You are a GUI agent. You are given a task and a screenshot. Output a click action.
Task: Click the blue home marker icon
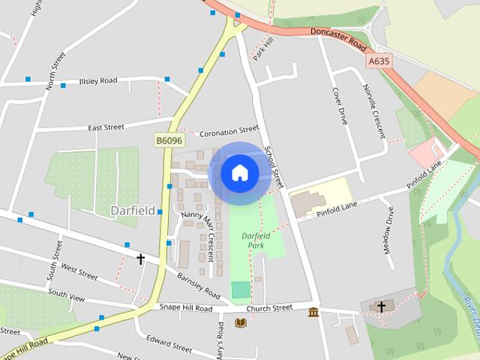(x=240, y=173)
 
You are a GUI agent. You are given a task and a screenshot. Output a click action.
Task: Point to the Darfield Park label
(x=255, y=240)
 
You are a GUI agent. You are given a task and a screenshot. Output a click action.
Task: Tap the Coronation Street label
(x=229, y=132)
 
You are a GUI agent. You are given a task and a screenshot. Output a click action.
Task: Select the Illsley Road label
(x=98, y=80)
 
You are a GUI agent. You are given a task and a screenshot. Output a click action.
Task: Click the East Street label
(x=106, y=127)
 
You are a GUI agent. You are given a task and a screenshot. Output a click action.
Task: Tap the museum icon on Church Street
(x=313, y=312)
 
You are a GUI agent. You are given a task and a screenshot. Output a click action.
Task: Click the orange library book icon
(x=241, y=323)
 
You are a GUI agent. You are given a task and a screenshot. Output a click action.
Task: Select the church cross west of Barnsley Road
(x=140, y=259)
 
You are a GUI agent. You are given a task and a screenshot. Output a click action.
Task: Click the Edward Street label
(x=169, y=344)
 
